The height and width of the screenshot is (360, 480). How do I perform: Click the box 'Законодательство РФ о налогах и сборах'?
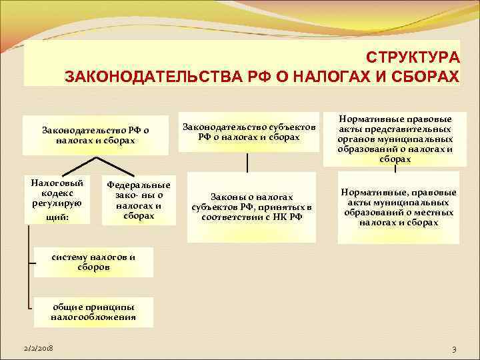pyautogui.click(x=95, y=135)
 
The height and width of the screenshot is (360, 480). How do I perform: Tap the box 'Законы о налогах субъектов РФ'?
pyautogui.click(x=251, y=207)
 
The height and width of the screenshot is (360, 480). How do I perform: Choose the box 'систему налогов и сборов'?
pyautogui.click(x=93, y=261)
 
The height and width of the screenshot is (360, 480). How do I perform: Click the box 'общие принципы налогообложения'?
pyautogui.click(x=93, y=312)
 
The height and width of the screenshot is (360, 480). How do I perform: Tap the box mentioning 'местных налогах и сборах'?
pyautogui.click(x=399, y=207)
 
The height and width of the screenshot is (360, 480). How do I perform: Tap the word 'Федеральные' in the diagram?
pyautogui.click(x=139, y=185)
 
